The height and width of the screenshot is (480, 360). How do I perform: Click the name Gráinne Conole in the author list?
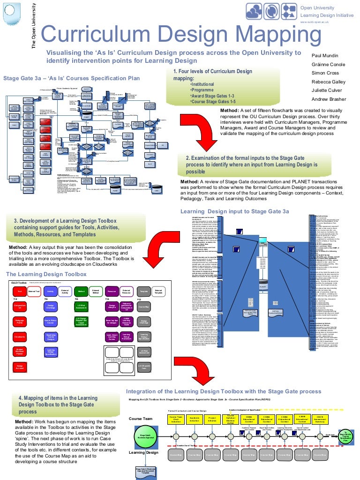tap(328, 64)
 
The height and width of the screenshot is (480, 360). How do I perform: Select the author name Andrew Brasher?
tap(329, 99)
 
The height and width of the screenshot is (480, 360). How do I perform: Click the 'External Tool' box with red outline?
tap(34, 291)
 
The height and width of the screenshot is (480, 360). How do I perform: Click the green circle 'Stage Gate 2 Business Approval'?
tap(145, 436)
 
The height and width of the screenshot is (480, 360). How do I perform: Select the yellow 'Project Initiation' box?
tap(212, 420)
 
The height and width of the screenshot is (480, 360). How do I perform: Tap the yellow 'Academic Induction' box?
tap(194, 420)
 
